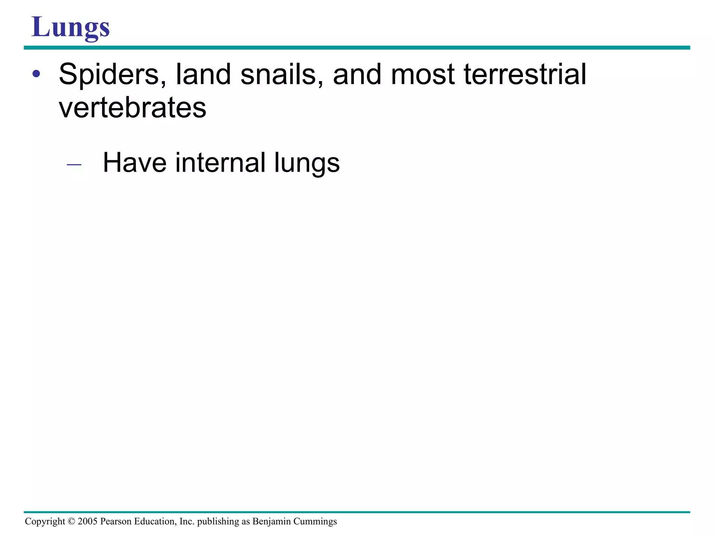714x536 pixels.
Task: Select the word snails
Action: (x=281, y=74)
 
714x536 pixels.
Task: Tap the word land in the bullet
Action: (x=203, y=74)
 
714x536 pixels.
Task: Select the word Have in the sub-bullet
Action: (x=135, y=163)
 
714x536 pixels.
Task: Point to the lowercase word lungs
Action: (x=307, y=163)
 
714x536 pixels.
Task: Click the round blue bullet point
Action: (x=36, y=74)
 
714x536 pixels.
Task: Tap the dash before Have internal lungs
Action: (x=74, y=164)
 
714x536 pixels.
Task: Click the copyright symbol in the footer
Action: (x=71, y=521)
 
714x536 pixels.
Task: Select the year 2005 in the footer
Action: (x=88, y=521)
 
